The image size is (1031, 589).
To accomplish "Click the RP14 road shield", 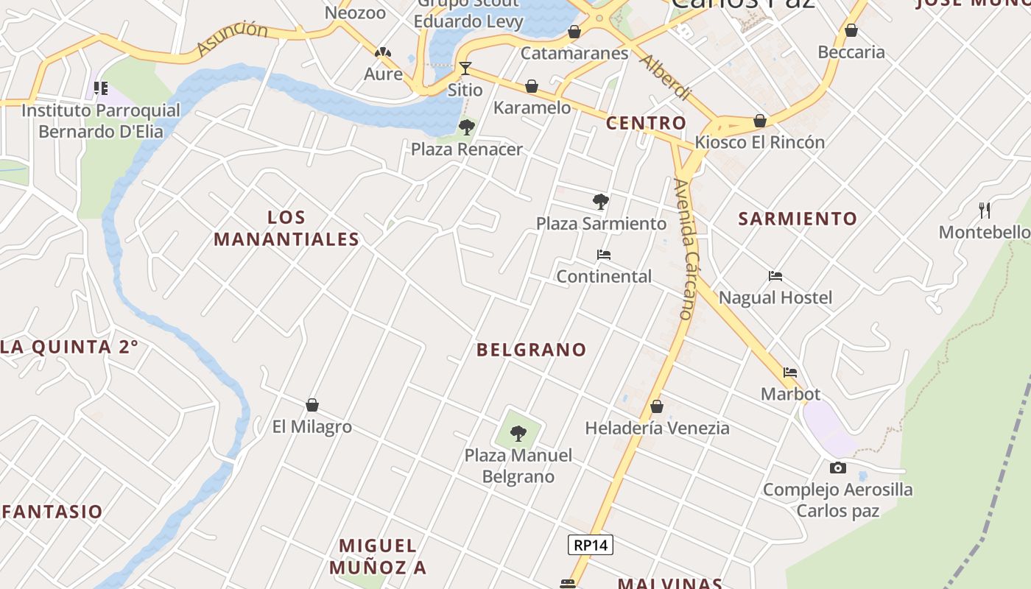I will point(591,545).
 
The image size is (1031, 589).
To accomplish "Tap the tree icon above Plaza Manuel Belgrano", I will point(518,433).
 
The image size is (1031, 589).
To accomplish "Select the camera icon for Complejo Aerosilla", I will point(837,468).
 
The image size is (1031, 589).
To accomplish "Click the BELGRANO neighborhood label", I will point(531,350).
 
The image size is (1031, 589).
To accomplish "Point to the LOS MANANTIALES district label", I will point(286,228).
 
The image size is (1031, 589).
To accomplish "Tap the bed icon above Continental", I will point(604,255).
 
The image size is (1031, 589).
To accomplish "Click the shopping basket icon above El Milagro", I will point(312,405).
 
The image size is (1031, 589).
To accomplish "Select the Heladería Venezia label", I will point(657,428).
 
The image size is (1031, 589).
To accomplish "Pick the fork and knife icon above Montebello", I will point(985,210).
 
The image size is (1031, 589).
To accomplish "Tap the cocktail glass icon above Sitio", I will point(465,68).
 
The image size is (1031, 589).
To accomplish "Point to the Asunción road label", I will point(232,38).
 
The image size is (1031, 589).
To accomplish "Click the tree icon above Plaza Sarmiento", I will point(601,201).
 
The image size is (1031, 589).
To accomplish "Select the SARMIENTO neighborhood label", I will point(798,219).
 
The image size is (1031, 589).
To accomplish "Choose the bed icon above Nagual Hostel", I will point(775,276).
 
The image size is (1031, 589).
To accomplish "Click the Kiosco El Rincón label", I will point(760,142).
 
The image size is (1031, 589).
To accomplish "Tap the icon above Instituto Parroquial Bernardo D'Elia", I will point(101,89).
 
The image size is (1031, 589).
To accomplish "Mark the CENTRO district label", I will point(646,123).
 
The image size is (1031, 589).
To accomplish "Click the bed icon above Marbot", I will point(790,373).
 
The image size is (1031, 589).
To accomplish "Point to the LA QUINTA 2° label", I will point(69,347).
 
